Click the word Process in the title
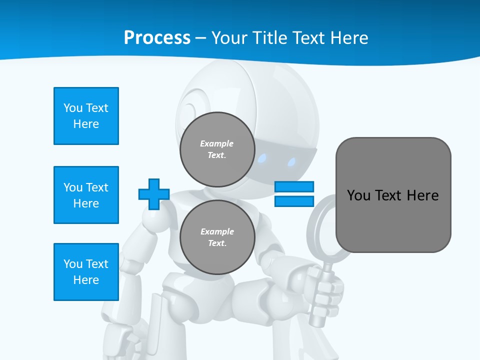pyautogui.click(x=157, y=38)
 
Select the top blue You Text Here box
pyautogui.click(x=86, y=116)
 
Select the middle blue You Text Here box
pyautogui.click(x=86, y=195)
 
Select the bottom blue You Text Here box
pyautogui.click(x=86, y=272)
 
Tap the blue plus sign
pyautogui.click(x=154, y=194)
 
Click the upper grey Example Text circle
pyautogui.click(x=217, y=149)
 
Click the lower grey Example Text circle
pyautogui.click(x=217, y=237)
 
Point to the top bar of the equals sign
pyautogui.click(x=294, y=187)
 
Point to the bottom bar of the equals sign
pyautogui.click(x=294, y=201)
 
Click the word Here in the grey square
pyautogui.click(x=422, y=195)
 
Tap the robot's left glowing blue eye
pyautogui.click(x=262, y=159)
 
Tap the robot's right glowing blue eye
pyautogui.click(x=291, y=161)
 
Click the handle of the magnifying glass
pyautogui.click(x=320, y=300)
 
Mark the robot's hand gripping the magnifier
pyautogui.click(x=325, y=290)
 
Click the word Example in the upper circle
pyautogui.click(x=217, y=143)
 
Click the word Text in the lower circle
pyautogui.click(x=217, y=243)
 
